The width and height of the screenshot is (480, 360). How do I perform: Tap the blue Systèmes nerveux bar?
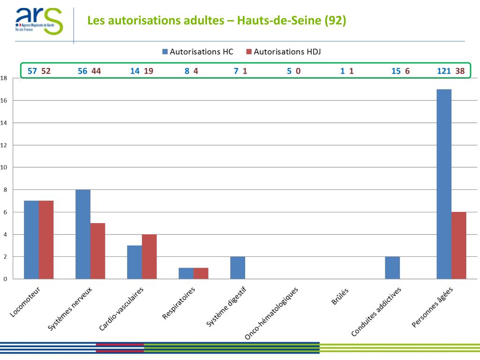point(83,234)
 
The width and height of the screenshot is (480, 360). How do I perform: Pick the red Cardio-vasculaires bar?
point(149,256)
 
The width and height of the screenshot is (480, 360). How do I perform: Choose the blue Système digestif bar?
point(238,268)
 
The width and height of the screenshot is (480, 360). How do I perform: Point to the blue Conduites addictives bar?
point(392,268)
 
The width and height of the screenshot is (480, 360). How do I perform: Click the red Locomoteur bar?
point(46,240)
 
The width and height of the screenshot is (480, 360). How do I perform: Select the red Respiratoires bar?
point(201,273)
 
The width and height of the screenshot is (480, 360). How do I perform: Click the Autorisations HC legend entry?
point(197,52)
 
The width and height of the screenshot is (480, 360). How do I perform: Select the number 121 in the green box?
point(444,71)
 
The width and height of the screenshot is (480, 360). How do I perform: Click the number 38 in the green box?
point(460,71)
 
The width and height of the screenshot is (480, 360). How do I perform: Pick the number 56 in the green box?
point(82,71)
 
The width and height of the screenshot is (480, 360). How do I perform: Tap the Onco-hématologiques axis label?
point(272,312)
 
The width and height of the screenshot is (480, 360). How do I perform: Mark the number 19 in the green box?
point(149,71)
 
